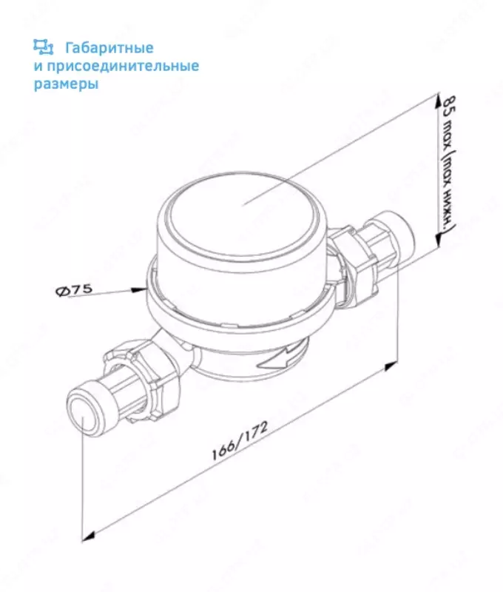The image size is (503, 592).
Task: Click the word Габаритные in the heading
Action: pos(109,48)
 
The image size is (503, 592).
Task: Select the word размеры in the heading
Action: pos(66,84)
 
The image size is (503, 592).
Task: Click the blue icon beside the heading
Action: pos(43,47)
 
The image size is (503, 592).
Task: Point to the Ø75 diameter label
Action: pos(74,290)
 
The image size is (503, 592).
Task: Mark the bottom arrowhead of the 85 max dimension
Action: pos(437,238)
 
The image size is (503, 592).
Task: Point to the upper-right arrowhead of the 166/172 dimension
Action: pos(391,366)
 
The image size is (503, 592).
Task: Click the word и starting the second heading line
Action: pos(38,67)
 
